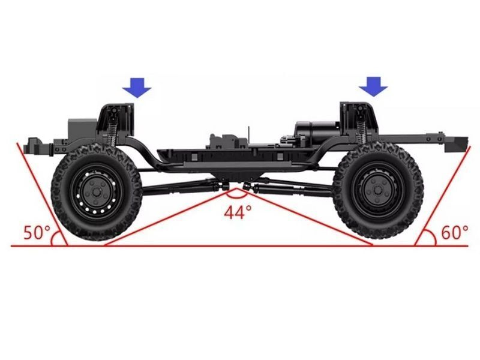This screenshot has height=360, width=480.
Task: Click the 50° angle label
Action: [37, 232]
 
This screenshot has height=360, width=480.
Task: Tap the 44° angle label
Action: [238, 212]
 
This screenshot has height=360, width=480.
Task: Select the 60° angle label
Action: [454, 232]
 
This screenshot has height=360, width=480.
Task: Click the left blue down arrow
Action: [137, 89]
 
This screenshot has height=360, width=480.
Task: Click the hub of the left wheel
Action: [97, 191]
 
